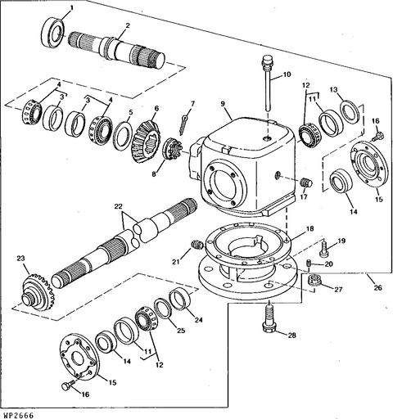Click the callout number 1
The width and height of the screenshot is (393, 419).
click(x=71, y=8)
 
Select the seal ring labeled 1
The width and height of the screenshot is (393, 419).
click(x=52, y=32)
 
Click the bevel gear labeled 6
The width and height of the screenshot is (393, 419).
click(x=146, y=142)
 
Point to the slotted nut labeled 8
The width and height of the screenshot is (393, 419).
click(x=172, y=151)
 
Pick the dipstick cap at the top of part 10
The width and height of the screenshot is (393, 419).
click(x=267, y=60)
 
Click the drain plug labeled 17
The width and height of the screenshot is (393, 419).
click(x=307, y=182)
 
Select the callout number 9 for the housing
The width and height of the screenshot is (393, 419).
click(x=223, y=104)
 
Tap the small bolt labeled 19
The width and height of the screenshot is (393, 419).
click(x=324, y=249)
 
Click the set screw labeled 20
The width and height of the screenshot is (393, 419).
click(x=308, y=264)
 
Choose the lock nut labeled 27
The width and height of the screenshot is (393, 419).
click(x=314, y=280)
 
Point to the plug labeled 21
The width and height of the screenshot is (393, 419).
click(x=196, y=244)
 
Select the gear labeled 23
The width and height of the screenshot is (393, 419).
click(x=38, y=291)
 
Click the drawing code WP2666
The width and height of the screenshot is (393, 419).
click(x=17, y=415)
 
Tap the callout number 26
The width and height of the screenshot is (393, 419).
click(x=377, y=287)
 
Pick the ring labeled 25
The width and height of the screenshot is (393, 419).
click(x=163, y=309)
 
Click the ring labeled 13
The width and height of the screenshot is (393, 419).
click(x=350, y=112)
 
